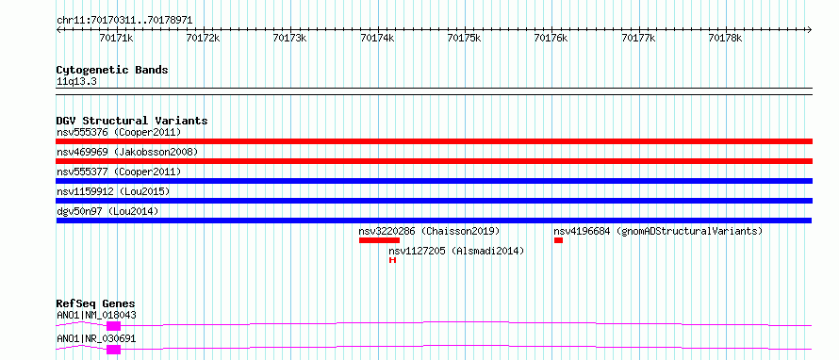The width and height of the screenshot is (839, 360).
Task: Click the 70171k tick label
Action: pos(116,38)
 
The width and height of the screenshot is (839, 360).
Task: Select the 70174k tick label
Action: pos(378,38)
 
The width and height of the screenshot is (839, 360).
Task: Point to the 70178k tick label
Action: pos(725,38)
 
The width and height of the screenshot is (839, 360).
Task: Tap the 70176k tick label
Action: pos(551,38)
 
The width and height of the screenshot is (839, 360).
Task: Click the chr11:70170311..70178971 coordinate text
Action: pos(124,21)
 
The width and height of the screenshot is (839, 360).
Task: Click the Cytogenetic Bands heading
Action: pos(112,70)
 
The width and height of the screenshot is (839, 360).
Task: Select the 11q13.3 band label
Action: pos(76,82)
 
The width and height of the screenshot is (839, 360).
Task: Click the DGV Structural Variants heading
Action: pos(132,121)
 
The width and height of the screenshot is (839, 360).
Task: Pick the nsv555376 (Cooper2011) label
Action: pos(119,132)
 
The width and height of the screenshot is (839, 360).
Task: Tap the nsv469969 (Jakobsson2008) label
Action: pos(127,152)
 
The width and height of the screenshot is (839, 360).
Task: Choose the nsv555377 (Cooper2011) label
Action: pos(119,172)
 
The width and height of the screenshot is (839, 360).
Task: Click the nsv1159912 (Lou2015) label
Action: pos(113,191)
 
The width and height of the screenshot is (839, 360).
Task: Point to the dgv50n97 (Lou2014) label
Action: pos(107,211)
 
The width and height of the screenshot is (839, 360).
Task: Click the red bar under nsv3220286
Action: pos(379,240)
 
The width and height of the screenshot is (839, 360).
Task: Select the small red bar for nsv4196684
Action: pos(559,240)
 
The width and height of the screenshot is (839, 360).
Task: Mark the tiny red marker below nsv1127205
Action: pos(392,260)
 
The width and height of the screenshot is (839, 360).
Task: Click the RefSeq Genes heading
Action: pos(96,303)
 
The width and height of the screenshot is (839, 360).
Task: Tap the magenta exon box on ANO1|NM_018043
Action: pos(113,326)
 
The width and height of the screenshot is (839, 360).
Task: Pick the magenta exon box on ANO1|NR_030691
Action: pos(113,350)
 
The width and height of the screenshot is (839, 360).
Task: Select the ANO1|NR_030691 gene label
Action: pos(96,338)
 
